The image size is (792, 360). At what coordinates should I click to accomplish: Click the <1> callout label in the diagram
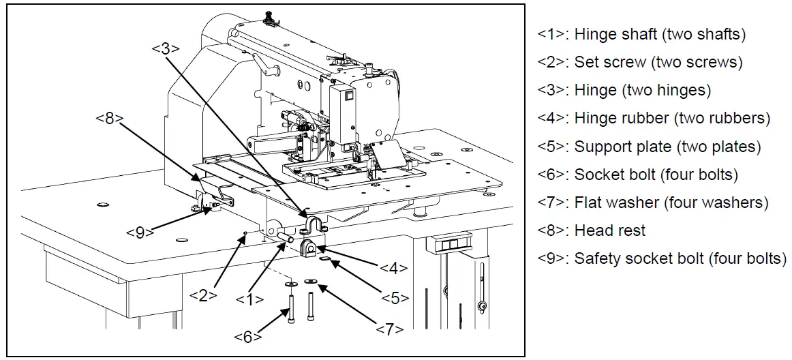pyautogui.click(x=249, y=298)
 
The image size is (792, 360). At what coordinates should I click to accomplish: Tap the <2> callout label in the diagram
pyautogui.click(x=203, y=295)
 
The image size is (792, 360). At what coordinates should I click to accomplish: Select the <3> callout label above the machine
pyautogui.click(x=165, y=49)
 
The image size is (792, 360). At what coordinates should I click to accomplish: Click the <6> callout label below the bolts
pyautogui.click(x=247, y=336)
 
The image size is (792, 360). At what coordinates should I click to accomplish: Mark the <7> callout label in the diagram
pyautogui.click(x=390, y=329)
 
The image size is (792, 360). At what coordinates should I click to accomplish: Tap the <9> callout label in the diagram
pyautogui.click(x=140, y=232)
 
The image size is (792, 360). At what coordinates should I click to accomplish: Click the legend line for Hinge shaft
pyautogui.click(x=641, y=34)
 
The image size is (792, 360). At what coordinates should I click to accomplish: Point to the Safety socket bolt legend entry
pyautogui.click(x=661, y=259)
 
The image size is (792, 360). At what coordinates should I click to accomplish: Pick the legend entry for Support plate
pyautogui.click(x=649, y=147)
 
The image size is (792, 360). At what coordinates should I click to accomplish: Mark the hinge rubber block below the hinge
pyautogui.click(x=310, y=250)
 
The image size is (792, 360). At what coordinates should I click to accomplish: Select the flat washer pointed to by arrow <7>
pyautogui.click(x=312, y=280)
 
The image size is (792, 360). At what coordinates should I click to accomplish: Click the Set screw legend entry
pyautogui.click(x=639, y=62)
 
